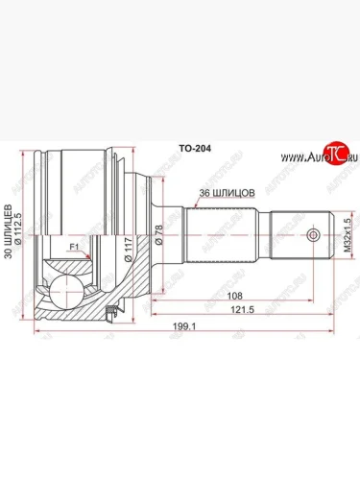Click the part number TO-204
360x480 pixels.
coord(195,150)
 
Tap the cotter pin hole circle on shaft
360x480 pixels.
coord(310,234)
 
